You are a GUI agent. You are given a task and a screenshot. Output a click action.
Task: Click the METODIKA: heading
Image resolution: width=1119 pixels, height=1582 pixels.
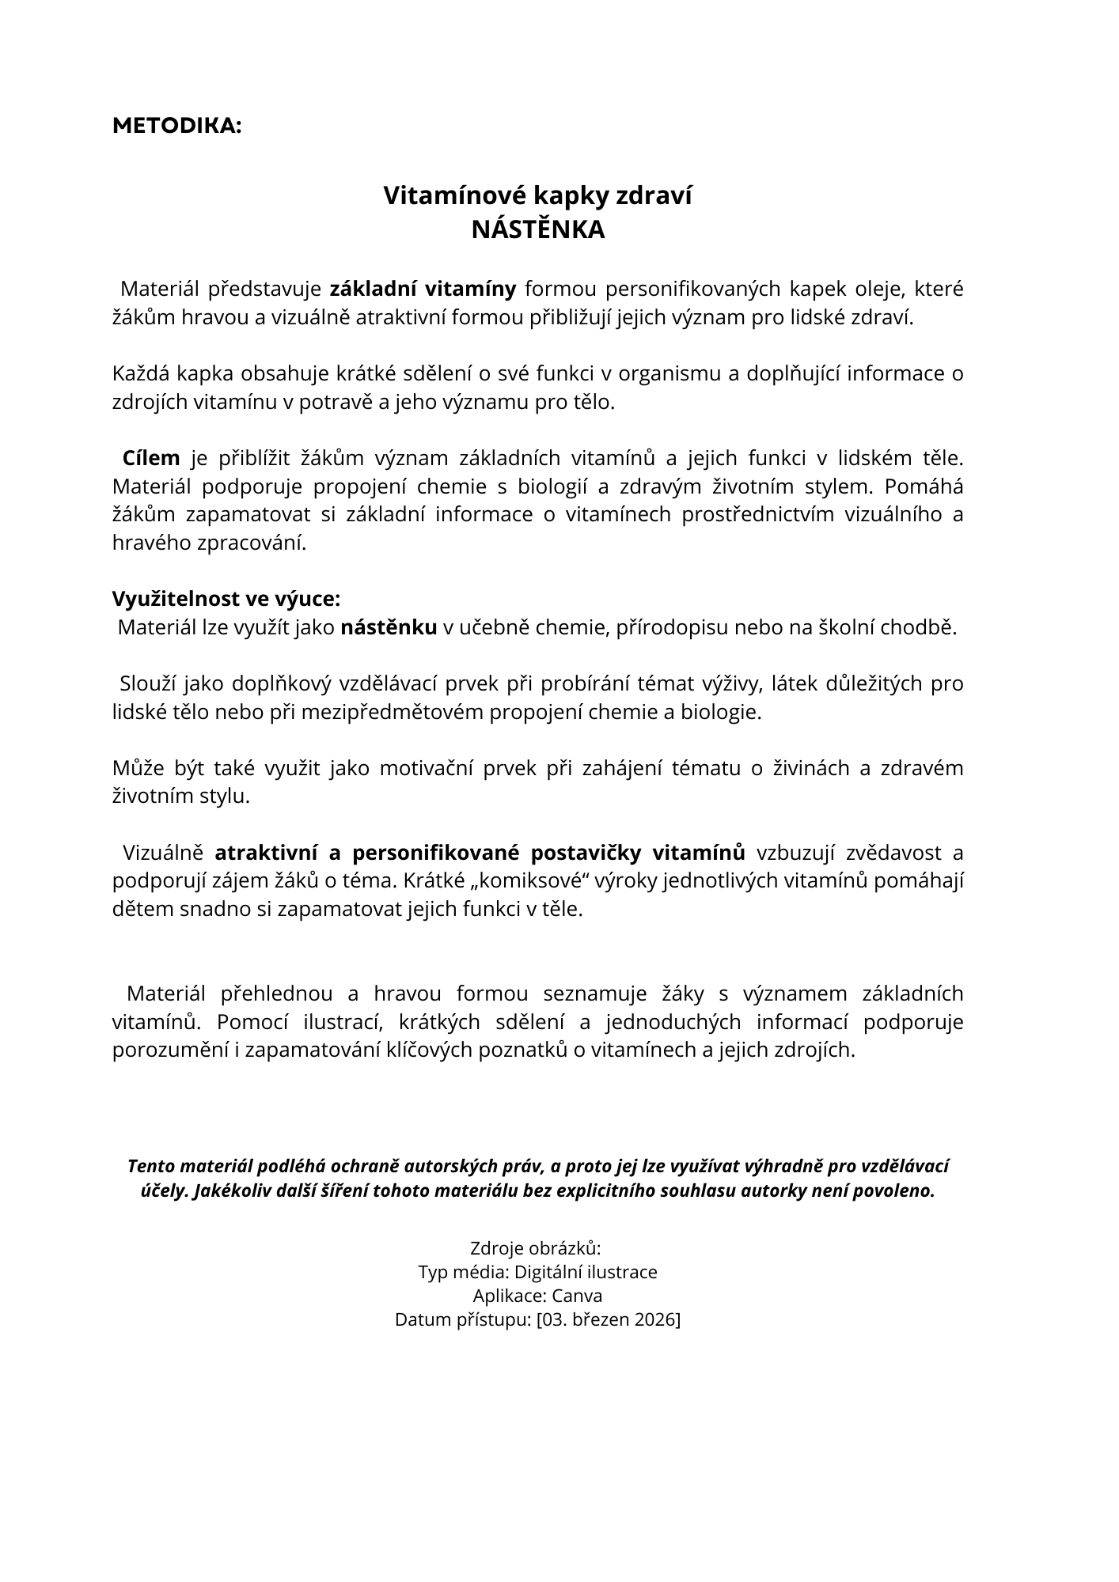click(x=176, y=126)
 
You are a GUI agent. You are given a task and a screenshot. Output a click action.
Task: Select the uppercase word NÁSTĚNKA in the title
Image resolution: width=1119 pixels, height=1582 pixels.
click(x=537, y=229)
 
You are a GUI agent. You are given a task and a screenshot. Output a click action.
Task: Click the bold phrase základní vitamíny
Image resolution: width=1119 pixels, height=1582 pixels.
click(x=423, y=289)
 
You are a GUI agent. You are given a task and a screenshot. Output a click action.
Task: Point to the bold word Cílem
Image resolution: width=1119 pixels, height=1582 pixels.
click(x=151, y=458)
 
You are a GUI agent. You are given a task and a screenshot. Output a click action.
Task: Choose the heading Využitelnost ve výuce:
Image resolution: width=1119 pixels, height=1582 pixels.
click(x=226, y=599)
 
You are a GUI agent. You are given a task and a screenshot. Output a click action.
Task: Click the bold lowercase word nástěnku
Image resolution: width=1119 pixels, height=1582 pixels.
click(x=389, y=627)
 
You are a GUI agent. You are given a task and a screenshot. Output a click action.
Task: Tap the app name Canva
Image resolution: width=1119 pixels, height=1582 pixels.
click(x=577, y=1296)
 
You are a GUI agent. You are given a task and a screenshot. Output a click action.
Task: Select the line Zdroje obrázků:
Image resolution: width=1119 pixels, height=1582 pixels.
click(x=536, y=1248)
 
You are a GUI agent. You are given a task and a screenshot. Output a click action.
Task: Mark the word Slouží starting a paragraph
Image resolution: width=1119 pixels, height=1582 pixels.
click(x=146, y=683)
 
